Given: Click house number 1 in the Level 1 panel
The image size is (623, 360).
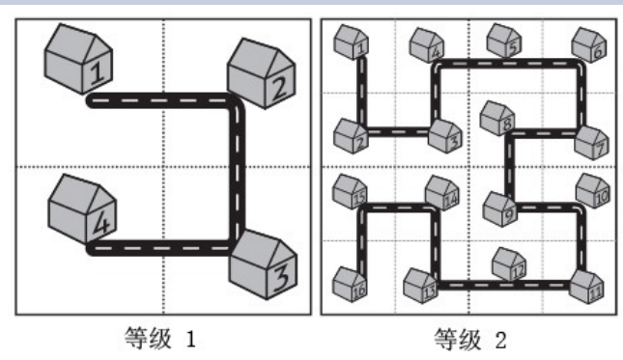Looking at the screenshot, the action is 78,59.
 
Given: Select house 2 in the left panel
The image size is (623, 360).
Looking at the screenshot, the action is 261,73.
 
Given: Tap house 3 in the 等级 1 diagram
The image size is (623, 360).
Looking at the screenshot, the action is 264,264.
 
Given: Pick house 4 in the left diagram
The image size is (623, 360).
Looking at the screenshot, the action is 82,208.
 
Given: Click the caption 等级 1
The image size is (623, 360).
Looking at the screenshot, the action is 160,339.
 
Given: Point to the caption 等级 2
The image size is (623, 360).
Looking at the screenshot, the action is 470,340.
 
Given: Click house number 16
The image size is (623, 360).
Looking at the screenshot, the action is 350,284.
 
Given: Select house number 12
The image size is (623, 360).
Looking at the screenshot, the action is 509,264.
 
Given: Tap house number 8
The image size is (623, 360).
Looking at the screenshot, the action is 497,119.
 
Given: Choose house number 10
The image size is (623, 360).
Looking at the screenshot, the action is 592,191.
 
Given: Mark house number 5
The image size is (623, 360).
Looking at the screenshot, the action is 504,41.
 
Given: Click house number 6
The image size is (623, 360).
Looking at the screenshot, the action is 589,44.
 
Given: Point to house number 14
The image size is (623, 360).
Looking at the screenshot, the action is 441,193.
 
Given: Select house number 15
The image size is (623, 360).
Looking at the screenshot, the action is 350,192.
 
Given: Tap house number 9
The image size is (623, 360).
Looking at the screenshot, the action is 500,209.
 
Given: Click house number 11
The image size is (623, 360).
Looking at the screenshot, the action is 586,287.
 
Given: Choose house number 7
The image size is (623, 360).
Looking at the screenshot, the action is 592,143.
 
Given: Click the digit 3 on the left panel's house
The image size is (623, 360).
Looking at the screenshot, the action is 282,277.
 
